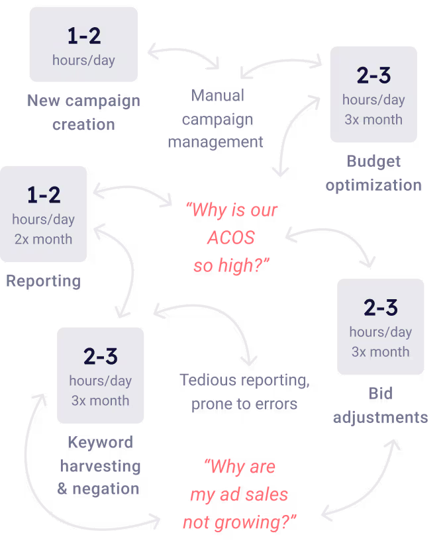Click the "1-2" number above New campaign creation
83,36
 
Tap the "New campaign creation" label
83,113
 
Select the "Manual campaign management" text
216,118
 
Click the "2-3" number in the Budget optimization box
373,76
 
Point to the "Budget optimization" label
373,173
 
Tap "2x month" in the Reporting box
44,239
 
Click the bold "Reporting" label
44,281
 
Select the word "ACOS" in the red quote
231,238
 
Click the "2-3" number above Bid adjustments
381,308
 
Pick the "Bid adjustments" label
380,405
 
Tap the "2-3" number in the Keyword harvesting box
101,356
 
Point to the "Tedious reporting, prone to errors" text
244,392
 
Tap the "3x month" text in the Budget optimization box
373,120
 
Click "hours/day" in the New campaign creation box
83,60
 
